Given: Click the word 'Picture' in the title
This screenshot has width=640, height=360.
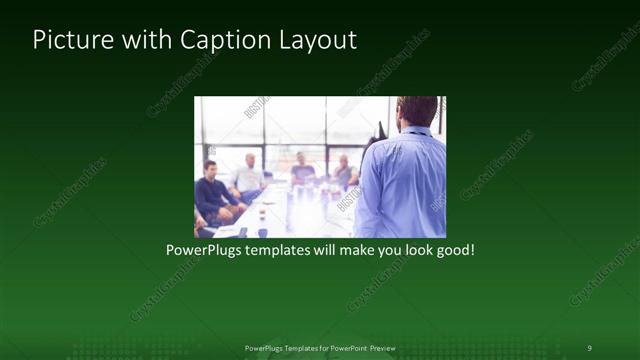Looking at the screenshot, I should tap(70, 41).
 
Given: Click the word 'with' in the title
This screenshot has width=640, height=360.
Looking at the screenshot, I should tap(145, 41).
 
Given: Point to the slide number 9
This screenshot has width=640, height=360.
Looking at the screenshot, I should tap(589, 348).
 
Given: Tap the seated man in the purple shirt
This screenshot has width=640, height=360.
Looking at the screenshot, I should tap(301, 169).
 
